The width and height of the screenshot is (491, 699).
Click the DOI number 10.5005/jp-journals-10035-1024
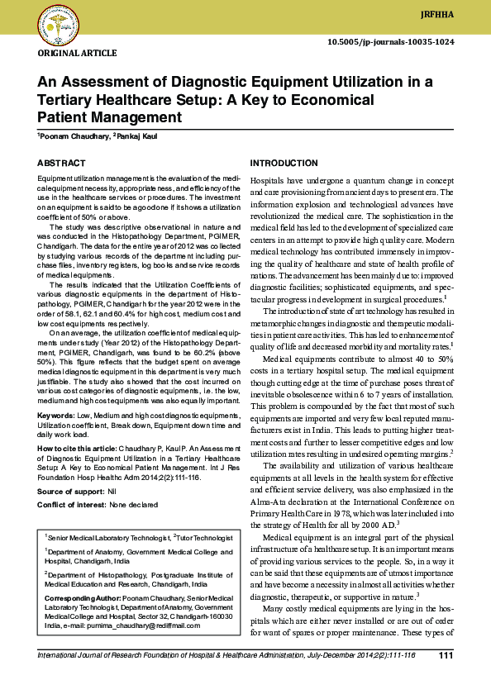(391, 40)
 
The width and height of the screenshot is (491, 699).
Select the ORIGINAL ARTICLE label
(77, 54)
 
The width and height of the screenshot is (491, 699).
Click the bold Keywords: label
(55, 415)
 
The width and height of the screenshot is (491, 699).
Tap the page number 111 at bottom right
(446, 655)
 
